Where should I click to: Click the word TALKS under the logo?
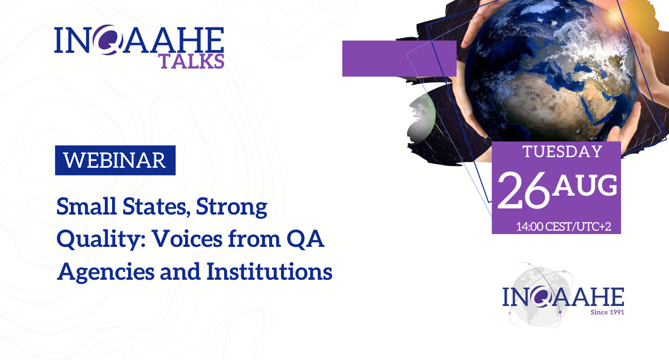tap(192, 61)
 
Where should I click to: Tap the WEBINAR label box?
tap(115, 160)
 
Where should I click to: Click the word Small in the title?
tap(86, 207)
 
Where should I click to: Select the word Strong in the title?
tap(231, 208)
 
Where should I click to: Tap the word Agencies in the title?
tap(105, 273)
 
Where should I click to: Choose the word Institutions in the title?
tap(269, 271)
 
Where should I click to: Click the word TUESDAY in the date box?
tap(563, 152)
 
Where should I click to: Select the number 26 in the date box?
tap(523, 190)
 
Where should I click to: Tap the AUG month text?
tap(584, 186)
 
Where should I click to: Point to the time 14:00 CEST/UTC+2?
tap(564, 227)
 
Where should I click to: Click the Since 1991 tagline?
tap(607, 312)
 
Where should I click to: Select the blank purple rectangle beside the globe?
tap(399, 59)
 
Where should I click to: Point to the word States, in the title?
tap(156, 207)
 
